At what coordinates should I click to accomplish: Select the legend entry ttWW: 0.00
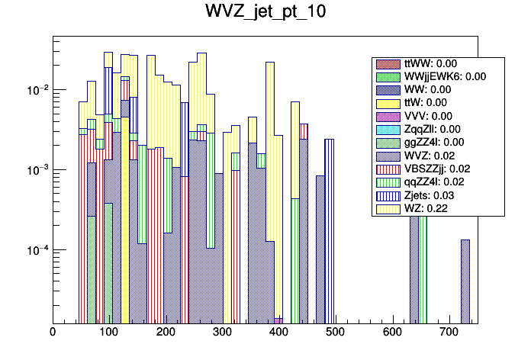click(x=438, y=63)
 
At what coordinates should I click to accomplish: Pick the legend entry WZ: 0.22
click(x=437, y=208)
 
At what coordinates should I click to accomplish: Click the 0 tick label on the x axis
click(x=53, y=332)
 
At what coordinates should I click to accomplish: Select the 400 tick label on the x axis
click(x=278, y=332)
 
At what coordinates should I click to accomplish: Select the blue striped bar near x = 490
click(x=329, y=229)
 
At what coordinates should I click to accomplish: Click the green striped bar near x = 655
click(x=422, y=267)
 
